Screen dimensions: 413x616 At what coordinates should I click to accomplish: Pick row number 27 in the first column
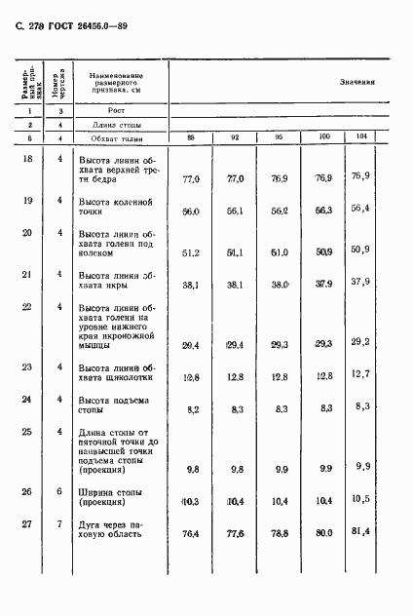tap(28, 524)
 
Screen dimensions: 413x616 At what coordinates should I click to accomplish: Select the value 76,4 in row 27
tap(191, 533)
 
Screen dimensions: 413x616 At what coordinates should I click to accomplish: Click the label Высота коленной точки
tap(115, 206)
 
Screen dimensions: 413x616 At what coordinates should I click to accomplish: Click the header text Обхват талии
tap(117, 137)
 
